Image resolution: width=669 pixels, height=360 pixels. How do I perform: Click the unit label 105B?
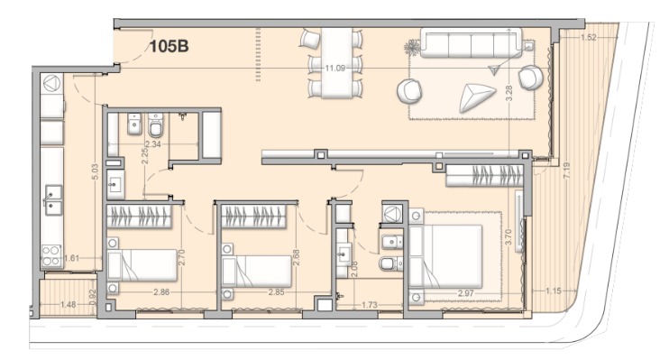point(169,46)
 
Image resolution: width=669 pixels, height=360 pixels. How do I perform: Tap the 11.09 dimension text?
point(334,68)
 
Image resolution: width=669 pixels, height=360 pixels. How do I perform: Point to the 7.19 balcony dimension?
point(566,171)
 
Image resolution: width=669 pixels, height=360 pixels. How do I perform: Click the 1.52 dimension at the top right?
point(589,38)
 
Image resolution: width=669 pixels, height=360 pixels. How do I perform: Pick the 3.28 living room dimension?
point(509,94)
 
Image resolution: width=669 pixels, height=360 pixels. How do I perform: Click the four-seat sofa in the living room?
point(472,42)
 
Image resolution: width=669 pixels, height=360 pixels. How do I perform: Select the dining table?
point(336,63)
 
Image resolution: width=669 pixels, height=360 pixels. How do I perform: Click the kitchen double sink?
point(53,200)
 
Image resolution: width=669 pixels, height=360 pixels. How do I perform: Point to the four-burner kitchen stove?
point(51,255)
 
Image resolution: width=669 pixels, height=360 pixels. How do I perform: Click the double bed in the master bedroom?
point(446,256)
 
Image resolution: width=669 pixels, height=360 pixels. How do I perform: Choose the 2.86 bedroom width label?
point(161,292)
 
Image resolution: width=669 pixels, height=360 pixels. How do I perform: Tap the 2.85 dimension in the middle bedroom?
point(277,292)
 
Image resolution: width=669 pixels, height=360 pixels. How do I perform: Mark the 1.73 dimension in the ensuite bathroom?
point(370,305)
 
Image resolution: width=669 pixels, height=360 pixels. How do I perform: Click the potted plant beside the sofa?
point(412,48)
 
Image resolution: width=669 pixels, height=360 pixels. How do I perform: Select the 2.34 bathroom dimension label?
point(152,144)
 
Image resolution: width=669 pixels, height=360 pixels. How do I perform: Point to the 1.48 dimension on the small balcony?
point(69,304)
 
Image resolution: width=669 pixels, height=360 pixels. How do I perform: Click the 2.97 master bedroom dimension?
point(466,293)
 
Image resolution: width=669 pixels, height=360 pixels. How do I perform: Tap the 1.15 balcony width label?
point(554,291)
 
